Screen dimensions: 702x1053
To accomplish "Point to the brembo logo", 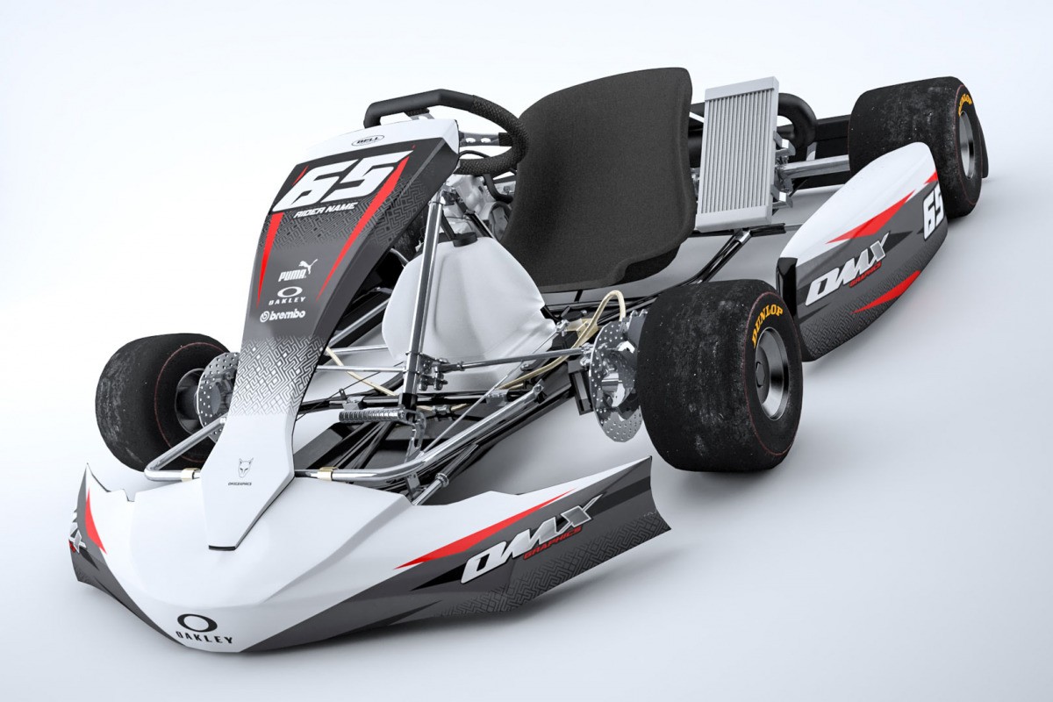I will tap(283, 314).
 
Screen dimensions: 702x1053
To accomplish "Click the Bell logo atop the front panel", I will tap(362, 139).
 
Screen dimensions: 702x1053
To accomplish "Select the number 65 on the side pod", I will tap(933, 211).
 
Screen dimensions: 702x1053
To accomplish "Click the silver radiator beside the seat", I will tap(737, 154).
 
